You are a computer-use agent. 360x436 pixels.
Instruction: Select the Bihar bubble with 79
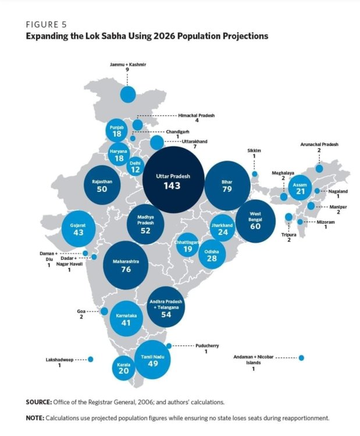[227, 185]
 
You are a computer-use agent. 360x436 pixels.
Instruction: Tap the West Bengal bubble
[255, 221]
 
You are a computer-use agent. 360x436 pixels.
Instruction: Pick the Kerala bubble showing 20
[123, 368]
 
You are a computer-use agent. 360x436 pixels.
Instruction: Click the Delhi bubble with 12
[136, 166]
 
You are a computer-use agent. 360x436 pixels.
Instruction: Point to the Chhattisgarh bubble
[187, 246]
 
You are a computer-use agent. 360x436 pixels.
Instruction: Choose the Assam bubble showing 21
[300, 188]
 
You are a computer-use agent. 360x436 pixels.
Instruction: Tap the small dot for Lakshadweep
[90, 359]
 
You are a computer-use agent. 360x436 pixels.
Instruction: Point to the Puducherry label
[206, 346]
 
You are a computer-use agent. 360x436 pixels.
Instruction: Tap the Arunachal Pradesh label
[319, 144]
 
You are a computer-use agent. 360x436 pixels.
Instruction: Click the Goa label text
[81, 312]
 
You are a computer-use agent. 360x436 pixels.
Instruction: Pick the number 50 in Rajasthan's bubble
[102, 188]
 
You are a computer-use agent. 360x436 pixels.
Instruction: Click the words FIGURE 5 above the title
[47, 24]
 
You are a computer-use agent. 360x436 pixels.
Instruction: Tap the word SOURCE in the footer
[39, 402]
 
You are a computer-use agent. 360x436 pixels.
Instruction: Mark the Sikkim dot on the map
[254, 174]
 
